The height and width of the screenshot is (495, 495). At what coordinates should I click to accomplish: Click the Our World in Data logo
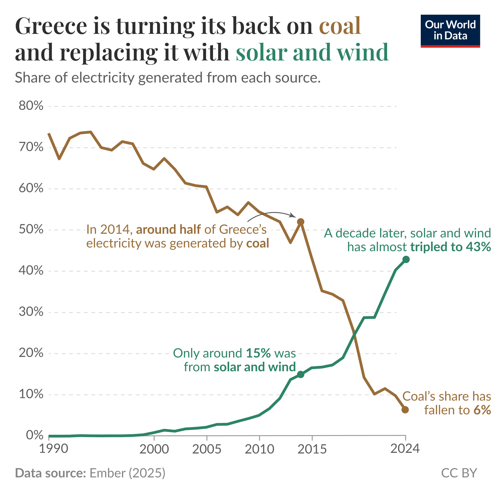coord(450,31)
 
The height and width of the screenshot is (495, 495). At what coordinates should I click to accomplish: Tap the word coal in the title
coord(340,26)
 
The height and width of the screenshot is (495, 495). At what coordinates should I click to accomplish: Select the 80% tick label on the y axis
coord(31,106)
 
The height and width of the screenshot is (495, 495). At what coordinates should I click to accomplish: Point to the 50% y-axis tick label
coord(31,229)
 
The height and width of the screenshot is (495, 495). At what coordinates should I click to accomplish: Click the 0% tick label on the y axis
coord(34,435)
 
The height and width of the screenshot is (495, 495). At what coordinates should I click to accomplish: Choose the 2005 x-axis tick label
coord(207,449)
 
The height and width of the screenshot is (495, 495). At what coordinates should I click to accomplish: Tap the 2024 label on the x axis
coord(405,448)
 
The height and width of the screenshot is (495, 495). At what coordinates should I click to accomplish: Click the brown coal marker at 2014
coord(300,222)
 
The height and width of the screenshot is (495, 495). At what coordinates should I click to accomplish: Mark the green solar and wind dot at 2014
coord(300,374)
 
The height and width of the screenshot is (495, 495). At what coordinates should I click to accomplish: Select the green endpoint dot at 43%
coord(406,259)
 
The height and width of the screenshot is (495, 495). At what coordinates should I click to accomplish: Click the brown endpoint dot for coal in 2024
coord(405,410)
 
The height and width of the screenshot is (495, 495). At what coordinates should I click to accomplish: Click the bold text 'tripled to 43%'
coord(450,247)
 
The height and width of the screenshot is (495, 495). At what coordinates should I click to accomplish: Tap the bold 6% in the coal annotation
coord(482,410)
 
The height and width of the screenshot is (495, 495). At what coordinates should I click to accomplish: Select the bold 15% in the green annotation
coord(258,353)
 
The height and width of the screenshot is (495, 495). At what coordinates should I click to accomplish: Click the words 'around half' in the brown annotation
coord(168,229)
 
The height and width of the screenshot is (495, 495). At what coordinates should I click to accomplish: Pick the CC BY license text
coord(459,473)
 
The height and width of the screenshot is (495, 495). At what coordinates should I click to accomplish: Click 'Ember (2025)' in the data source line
coord(127,473)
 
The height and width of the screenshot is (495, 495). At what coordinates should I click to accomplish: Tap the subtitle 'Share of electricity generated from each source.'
coord(168,78)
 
